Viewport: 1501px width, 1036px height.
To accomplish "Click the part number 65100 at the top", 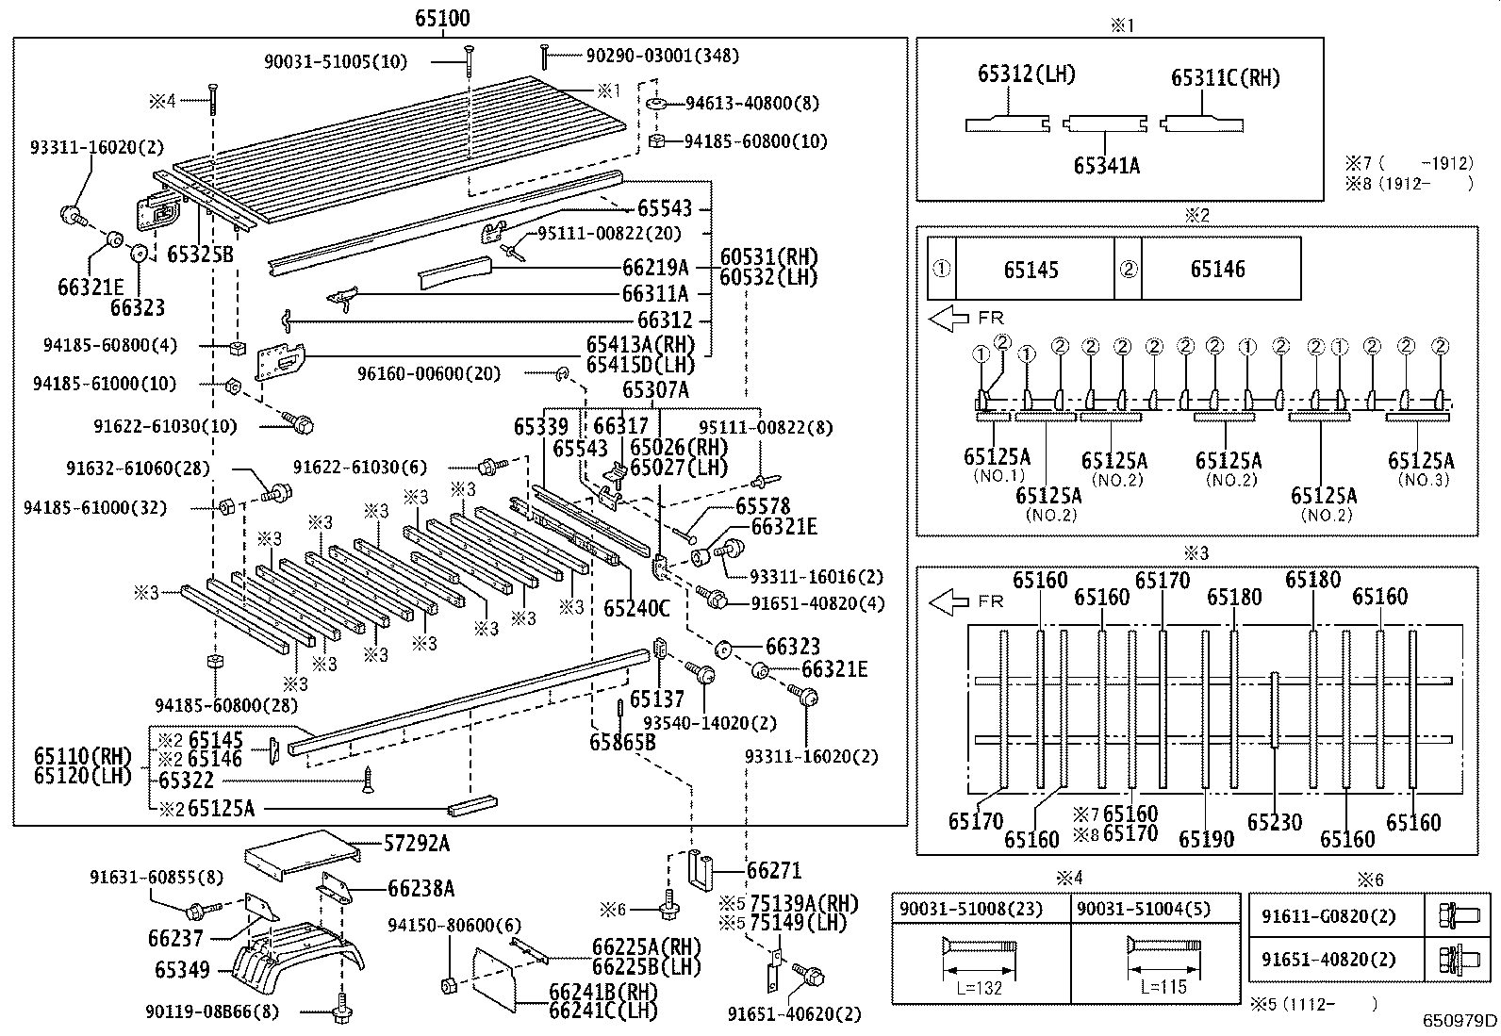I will coord(441,18).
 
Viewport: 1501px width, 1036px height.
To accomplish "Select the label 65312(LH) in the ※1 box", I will coord(1026,74).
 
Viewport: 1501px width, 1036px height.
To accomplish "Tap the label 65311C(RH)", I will coord(1226,77).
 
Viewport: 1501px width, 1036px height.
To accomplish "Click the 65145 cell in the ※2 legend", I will coord(1031,270).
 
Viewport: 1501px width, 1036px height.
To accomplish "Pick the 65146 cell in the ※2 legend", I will coord(1217,270).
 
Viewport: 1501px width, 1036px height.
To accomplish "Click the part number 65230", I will coord(1274,823).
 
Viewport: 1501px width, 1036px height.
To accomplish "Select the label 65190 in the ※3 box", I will coord(1206,839).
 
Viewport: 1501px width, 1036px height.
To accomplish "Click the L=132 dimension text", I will coord(978,987).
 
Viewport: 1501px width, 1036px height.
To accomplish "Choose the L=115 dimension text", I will coord(1162,987).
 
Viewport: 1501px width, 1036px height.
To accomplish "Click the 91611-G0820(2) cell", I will coord(1329,915).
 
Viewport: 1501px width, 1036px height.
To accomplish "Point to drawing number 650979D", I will coord(1460,1020).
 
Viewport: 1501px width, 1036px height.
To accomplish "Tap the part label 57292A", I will coord(416,844).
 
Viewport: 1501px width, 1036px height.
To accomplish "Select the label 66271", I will coord(774,870).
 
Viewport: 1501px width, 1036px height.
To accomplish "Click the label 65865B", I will coord(622,742).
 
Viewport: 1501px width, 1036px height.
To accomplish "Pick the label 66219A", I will coord(655,268).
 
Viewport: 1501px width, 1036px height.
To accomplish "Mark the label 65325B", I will coord(200,254).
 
